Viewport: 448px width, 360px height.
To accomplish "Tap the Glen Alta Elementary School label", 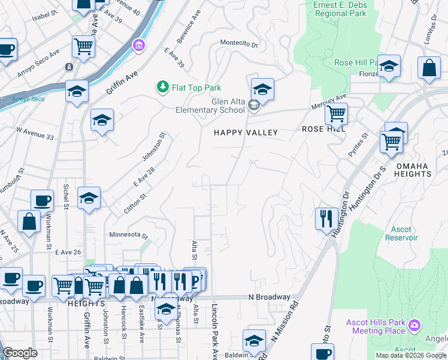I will coord(210,106).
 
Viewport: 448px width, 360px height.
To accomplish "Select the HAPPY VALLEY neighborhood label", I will coord(246,133).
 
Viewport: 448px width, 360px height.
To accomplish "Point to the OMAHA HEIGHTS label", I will coord(413,169).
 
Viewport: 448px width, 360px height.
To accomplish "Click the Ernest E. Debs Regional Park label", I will coord(340,8).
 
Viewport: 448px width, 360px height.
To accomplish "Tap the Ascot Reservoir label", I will coord(401,233).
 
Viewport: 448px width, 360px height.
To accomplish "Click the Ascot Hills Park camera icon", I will coord(414,326).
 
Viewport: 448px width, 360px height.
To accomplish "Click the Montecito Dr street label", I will coord(238,44).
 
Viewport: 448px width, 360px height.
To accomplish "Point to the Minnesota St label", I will coord(128,234).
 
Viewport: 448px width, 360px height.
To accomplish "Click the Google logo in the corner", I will coord(20,353).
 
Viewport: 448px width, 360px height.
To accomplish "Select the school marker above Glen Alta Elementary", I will coord(262,90).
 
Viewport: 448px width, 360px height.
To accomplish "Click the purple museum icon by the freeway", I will coord(139,45).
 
